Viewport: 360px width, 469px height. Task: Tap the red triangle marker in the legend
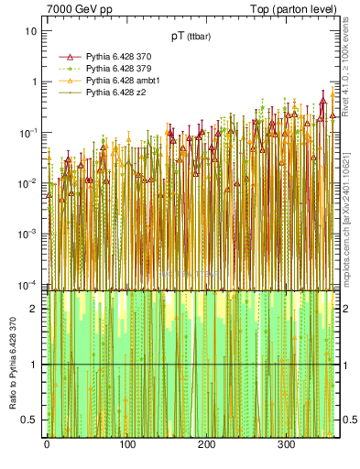coord(66,57)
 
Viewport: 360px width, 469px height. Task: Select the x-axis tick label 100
coord(126,445)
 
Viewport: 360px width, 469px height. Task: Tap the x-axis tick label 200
coord(207,445)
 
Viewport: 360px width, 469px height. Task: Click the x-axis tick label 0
coord(47,445)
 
